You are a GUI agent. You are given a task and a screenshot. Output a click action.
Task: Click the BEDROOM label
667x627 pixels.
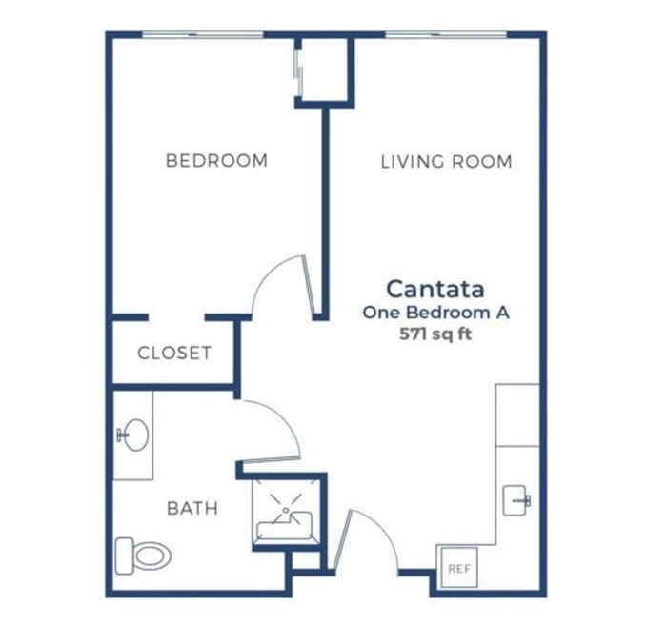216,161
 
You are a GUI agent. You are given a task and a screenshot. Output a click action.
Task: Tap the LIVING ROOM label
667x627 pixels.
446,162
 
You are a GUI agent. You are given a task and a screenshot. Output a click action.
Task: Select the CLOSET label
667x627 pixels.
174,353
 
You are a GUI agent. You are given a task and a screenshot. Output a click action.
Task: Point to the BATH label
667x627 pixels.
192,508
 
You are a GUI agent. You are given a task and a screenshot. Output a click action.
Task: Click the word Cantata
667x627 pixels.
435,290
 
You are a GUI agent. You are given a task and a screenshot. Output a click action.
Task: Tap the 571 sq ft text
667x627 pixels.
435,334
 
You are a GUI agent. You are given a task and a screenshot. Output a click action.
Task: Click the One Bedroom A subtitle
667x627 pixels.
436,313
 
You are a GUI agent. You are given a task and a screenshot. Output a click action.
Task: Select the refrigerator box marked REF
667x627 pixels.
459,568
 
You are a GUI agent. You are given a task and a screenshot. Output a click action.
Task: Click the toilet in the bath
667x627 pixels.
143,556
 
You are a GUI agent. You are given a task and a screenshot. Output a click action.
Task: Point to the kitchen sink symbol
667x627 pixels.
516,500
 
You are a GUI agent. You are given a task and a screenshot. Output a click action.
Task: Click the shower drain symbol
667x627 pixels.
286,510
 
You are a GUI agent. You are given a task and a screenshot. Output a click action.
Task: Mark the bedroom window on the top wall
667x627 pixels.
203,34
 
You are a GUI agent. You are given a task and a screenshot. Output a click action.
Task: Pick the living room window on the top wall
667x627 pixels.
446,34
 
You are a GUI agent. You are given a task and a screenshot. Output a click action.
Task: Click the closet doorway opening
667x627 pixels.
176,317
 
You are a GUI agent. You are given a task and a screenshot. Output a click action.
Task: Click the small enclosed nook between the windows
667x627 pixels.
325,70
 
